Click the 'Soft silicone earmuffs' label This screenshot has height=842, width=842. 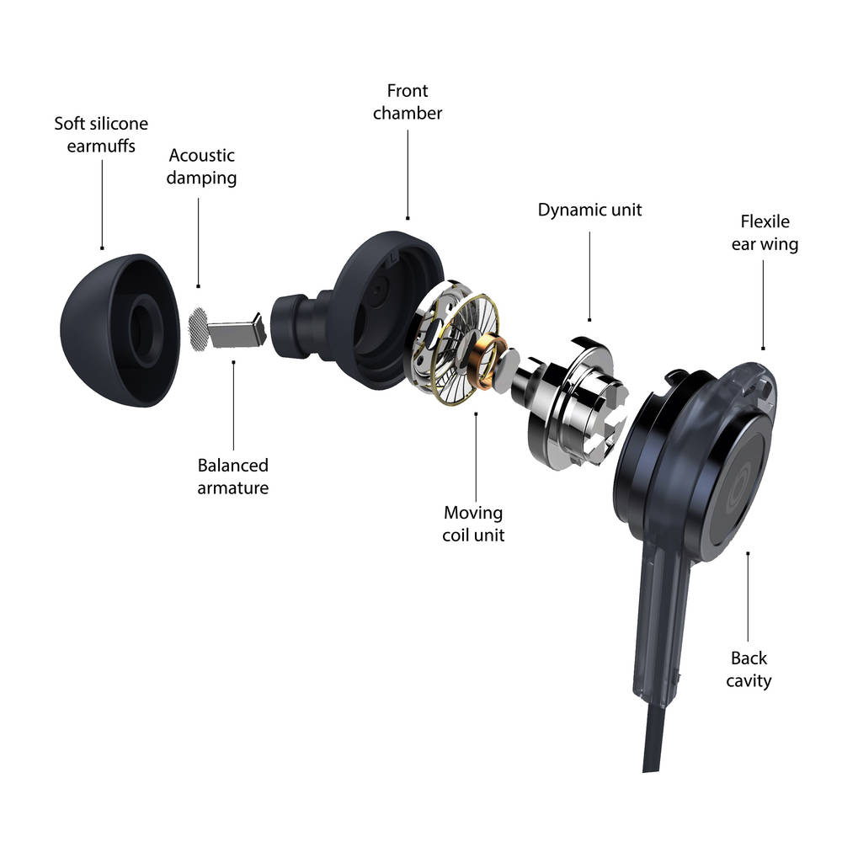[101, 134]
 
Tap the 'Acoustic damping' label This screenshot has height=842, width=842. [201, 167]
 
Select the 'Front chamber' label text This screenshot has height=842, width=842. [408, 102]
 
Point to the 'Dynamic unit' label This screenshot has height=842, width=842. [589, 210]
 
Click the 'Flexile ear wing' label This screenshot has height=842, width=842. [765, 232]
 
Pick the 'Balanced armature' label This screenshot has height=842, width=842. [233, 476]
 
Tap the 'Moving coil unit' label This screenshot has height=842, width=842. [473, 524]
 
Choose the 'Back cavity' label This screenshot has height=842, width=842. [749, 669]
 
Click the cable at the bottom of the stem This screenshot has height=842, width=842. [655, 738]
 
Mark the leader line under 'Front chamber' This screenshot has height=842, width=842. [408, 174]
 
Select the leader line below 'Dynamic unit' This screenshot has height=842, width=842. [589, 276]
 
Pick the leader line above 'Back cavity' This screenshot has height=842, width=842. [748, 597]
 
